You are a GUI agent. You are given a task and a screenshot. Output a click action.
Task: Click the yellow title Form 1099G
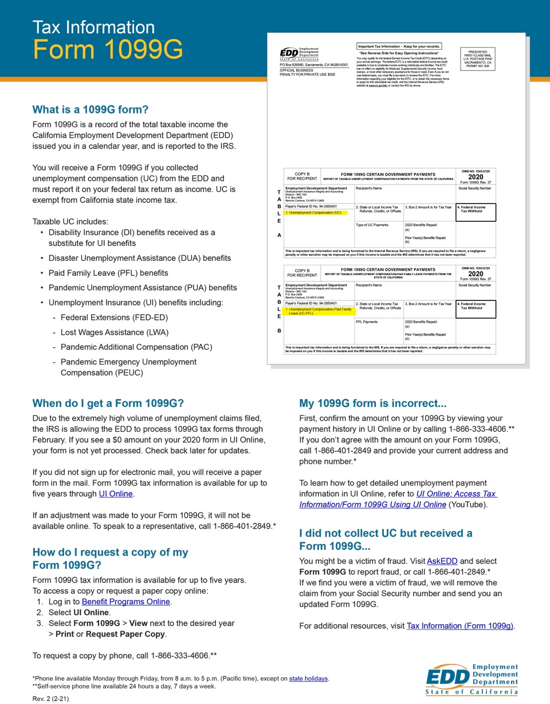[108, 50]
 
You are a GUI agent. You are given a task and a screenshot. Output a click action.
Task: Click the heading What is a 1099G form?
[90, 109]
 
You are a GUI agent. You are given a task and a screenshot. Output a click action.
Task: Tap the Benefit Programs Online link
[125, 601]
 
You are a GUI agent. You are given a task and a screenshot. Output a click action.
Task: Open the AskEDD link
[442, 561]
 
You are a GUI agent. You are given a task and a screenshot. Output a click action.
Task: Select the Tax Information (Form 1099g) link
[459, 625]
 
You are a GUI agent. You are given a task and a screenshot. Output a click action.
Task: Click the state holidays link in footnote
[308, 678]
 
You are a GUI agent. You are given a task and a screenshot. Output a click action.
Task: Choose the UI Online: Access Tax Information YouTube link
[399, 499]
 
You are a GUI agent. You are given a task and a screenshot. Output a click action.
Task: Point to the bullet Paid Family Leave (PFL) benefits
[108, 273]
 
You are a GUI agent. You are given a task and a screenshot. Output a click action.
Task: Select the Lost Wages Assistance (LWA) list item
[115, 332]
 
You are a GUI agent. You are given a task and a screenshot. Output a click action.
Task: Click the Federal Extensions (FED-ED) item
[114, 317]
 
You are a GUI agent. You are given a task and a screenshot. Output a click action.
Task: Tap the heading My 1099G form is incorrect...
[372, 403]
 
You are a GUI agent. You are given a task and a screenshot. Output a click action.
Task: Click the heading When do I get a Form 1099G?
[108, 403]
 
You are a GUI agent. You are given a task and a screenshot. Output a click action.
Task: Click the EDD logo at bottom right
[472, 679]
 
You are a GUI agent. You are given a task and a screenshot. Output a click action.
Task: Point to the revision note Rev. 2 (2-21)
[50, 699]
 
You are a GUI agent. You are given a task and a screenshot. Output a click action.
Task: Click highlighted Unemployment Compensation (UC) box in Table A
[313, 213]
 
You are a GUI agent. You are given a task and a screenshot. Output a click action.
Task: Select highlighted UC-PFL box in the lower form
[320, 311]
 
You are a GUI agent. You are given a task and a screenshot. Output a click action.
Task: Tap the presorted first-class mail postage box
[477, 59]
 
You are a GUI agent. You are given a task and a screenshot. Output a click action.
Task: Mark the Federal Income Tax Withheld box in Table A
[476, 212]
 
